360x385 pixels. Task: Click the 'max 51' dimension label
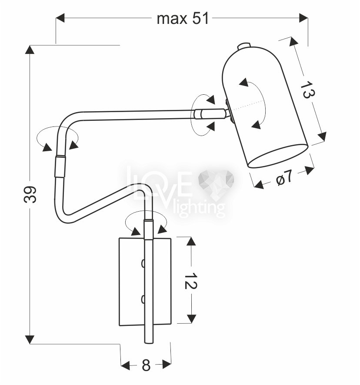pyautogui.click(x=183, y=19)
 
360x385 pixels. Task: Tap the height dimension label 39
pyautogui.click(x=30, y=195)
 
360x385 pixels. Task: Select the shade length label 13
pyautogui.click(x=307, y=90)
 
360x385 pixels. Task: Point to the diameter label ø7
pyautogui.click(x=284, y=177)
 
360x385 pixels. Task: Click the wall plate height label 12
pyautogui.click(x=191, y=280)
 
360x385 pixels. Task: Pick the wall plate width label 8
pyautogui.click(x=146, y=365)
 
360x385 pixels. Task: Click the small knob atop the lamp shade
pyautogui.click(x=244, y=46)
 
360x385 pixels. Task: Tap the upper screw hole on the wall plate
pyautogui.click(x=143, y=263)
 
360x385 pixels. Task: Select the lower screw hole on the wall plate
pyautogui.click(x=143, y=299)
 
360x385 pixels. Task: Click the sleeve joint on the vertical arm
pyautogui.click(x=60, y=166)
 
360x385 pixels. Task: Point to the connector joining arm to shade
pyautogui.click(x=211, y=114)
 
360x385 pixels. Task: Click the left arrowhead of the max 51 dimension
pyautogui.click(x=60, y=18)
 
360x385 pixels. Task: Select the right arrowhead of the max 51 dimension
pyautogui.click(x=303, y=18)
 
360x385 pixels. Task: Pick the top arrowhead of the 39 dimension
pyautogui.click(x=30, y=50)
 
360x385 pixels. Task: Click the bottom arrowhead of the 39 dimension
pyautogui.click(x=30, y=339)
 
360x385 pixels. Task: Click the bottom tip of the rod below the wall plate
pyautogui.click(x=149, y=343)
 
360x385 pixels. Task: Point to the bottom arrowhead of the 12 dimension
pyautogui.click(x=191, y=319)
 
